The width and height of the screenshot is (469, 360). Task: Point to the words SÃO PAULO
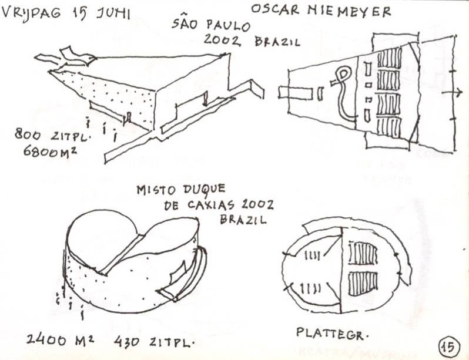[211, 26]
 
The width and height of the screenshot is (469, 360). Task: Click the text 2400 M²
[61, 339]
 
